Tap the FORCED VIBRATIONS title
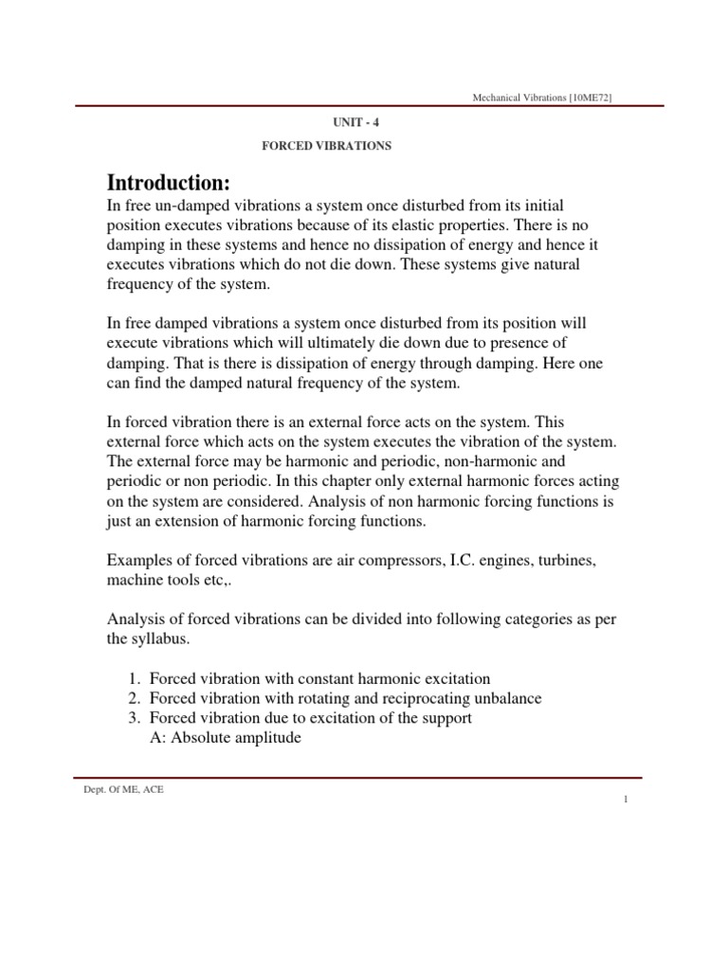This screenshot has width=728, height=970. pos(326,147)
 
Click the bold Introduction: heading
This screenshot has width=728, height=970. pos(169,182)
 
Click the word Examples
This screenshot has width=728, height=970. pos(139,561)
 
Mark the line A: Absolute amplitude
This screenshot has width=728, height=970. pos(226,738)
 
